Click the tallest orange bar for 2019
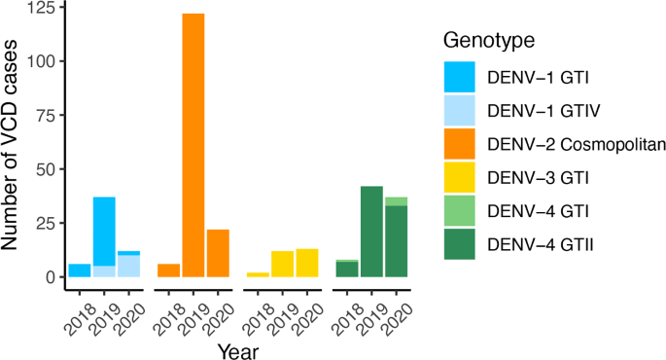[193, 145]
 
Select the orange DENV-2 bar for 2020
[219, 253]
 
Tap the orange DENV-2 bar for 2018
[168, 270]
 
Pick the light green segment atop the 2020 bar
[396, 201]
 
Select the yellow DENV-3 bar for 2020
[307, 263]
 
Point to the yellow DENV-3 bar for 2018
[257, 274]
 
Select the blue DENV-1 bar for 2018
[79, 270]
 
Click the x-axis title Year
[237, 348]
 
